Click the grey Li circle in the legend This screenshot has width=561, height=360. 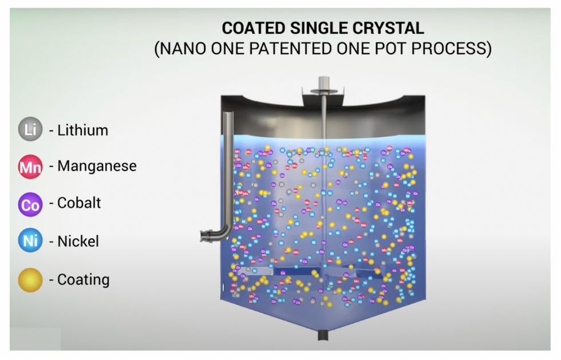click(x=30, y=130)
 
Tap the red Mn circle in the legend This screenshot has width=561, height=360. click(x=30, y=167)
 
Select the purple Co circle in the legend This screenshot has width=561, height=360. click(x=30, y=204)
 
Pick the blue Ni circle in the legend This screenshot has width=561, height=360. click(x=30, y=241)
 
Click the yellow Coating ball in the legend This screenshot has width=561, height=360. click(x=30, y=280)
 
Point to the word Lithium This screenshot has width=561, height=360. click(x=82, y=130)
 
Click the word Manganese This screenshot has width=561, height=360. click(x=97, y=167)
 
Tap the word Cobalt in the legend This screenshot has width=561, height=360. click(x=79, y=203)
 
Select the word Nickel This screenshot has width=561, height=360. click(x=78, y=241)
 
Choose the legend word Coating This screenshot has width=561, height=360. click(x=83, y=280)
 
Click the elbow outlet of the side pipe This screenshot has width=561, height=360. click(x=207, y=235)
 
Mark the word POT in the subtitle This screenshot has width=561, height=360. click(x=395, y=48)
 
